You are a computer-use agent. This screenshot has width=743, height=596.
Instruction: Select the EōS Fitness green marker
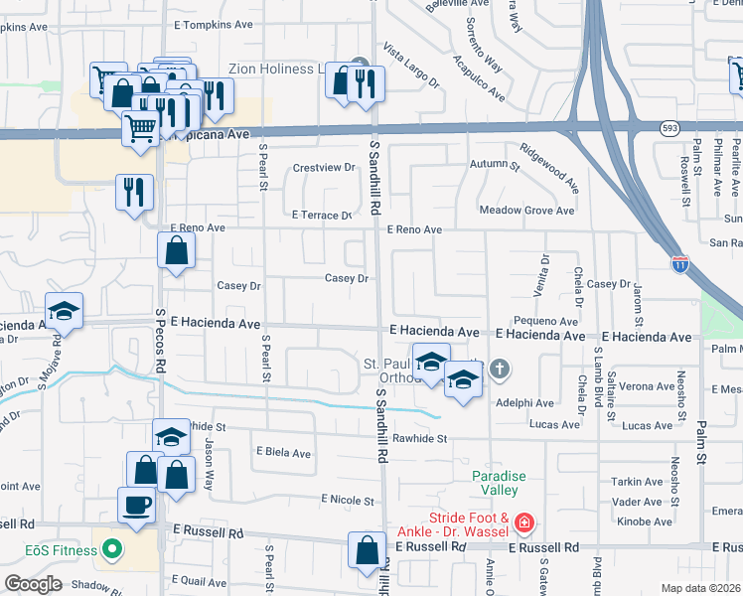tap(112, 547)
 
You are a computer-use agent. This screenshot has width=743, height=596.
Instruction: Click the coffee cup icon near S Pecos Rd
tap(136, 505)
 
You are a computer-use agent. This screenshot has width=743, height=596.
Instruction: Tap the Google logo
tap(33, 584)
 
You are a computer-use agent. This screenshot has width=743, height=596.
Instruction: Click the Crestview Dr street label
tap(324, 168)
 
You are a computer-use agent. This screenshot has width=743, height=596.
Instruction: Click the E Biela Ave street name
tap(283, 453)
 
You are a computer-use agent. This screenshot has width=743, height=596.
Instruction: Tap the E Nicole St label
tap(348, 501)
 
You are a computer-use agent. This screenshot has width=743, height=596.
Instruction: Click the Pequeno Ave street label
tap(545, 322)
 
